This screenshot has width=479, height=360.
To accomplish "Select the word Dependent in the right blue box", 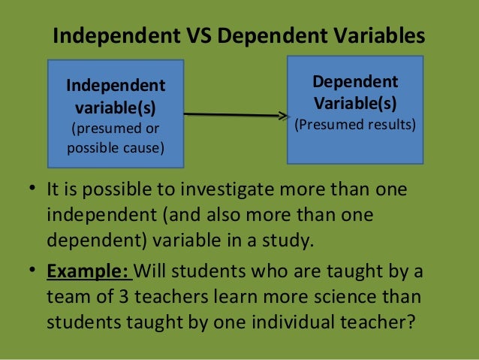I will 355,82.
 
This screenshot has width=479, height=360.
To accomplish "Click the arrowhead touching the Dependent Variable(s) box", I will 285,116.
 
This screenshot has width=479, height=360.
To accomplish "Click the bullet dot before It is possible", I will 33,189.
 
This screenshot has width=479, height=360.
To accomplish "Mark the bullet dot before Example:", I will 33,271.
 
